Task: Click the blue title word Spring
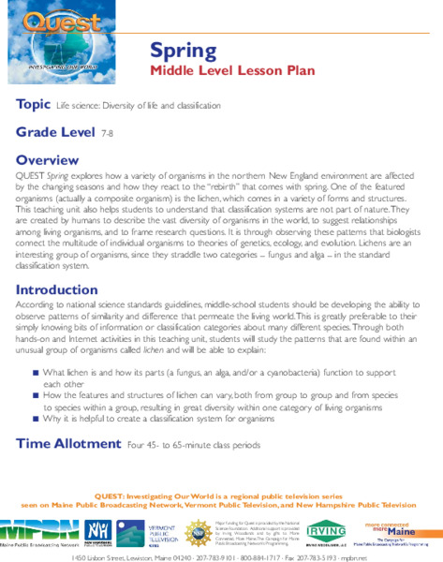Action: [181, 52]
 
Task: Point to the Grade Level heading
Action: [54, 133]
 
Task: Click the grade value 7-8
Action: [107, 135]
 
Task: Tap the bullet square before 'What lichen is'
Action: [35, 373]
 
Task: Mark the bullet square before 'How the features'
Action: [35, 396]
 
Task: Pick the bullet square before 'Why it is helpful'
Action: [35, 420]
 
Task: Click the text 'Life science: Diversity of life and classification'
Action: [139, 107]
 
